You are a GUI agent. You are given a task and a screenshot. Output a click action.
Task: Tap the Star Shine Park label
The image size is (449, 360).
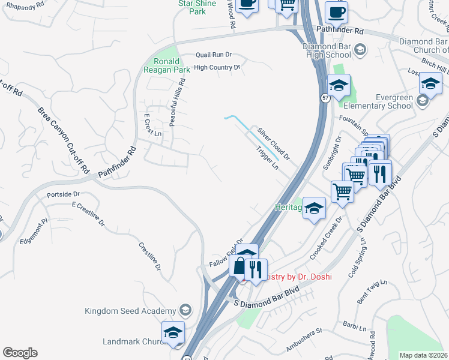click(x=193, y=7)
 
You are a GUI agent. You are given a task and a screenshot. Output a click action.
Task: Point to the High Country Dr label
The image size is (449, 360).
click(x=217, y=68)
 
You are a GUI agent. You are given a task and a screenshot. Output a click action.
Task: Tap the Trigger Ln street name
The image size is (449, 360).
click(x=267, y=158)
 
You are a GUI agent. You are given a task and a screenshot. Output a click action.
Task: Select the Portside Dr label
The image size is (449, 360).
click(x=63, y=194)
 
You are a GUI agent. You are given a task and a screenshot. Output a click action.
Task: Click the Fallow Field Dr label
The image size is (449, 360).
click(x=226, y=253)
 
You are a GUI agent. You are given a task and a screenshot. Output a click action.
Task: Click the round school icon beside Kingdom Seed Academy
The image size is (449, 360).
click(x=185, y=310)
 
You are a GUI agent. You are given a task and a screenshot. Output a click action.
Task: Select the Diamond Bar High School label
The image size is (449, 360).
click(x=327, y=50)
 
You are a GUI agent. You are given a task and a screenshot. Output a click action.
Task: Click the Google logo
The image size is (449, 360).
click(x=20, y=352)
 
